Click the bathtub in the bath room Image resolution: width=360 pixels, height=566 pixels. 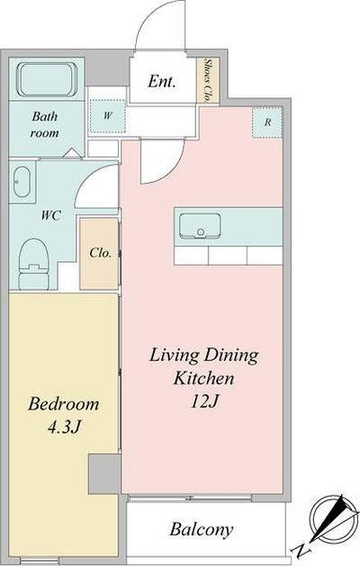pyautogui.click(x=47, y=79)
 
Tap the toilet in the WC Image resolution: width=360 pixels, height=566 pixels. pyautogui.click(x=33, y=264)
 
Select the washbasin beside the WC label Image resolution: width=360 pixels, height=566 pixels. pyautogui.click(x=22, y=182)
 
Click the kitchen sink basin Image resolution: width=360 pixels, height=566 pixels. pyautogui.click(x=200, y=226)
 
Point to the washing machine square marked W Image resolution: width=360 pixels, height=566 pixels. pyautogui.click(x=107, y=116)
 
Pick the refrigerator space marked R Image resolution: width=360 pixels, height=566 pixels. pyautogui.click(x=266, y=122)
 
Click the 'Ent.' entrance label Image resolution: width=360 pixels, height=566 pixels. pyautogui.click(x=162, y=82)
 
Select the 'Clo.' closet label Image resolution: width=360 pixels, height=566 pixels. pyautogui.click(x=100, y=253)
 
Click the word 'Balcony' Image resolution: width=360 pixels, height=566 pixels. pyautogui.click(x=202, y=529)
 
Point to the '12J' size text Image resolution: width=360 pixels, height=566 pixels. pyautogui.click(x=204, y=401)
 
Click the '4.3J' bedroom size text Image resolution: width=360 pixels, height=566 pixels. pyautogui.click(x=64, y=427)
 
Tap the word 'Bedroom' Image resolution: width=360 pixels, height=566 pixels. pyautogui.click(x=64, y=404)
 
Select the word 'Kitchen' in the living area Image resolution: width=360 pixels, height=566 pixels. pyautogui.click(x=203, y=379)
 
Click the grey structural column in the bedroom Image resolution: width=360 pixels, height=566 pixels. pyautogui.click(x=104, y=474)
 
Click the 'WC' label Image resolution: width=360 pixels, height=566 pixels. pyautogui.click(x=50, y=216)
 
